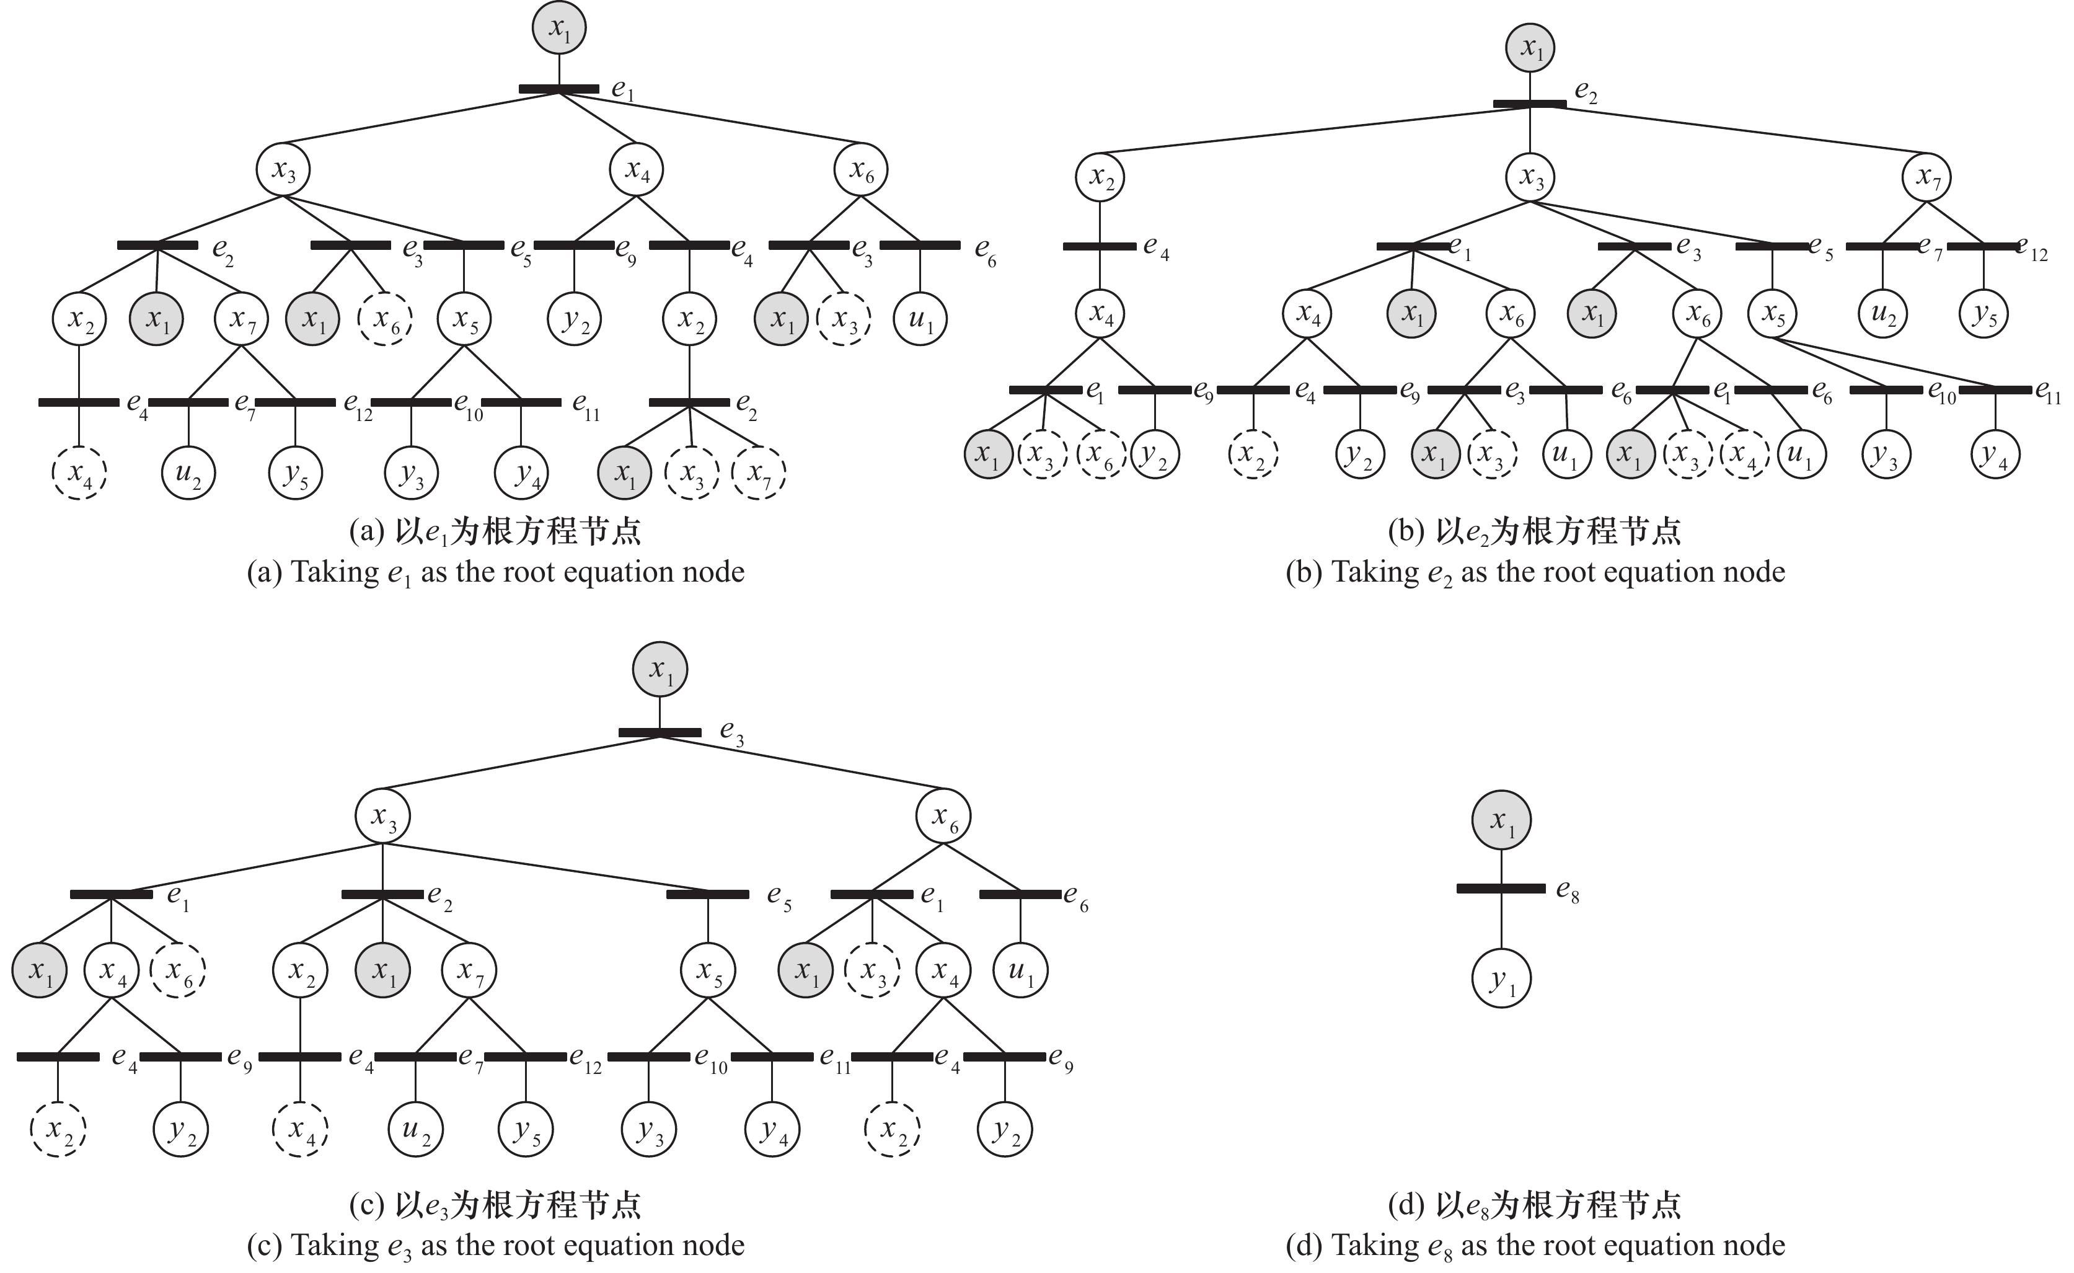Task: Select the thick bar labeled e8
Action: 1501,888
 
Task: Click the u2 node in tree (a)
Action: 188,474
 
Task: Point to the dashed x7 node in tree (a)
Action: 759,474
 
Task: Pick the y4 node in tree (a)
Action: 522,474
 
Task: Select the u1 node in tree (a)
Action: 920,319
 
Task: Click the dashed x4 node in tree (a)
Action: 79,474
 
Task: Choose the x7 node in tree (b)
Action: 1926,177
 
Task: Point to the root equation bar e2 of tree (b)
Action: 1529,104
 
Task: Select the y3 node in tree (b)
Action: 1886,454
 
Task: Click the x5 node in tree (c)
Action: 707,970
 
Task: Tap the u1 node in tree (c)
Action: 1020,970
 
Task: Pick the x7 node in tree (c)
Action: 469,970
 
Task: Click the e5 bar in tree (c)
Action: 707,894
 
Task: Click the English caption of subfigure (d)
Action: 1535,1244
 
